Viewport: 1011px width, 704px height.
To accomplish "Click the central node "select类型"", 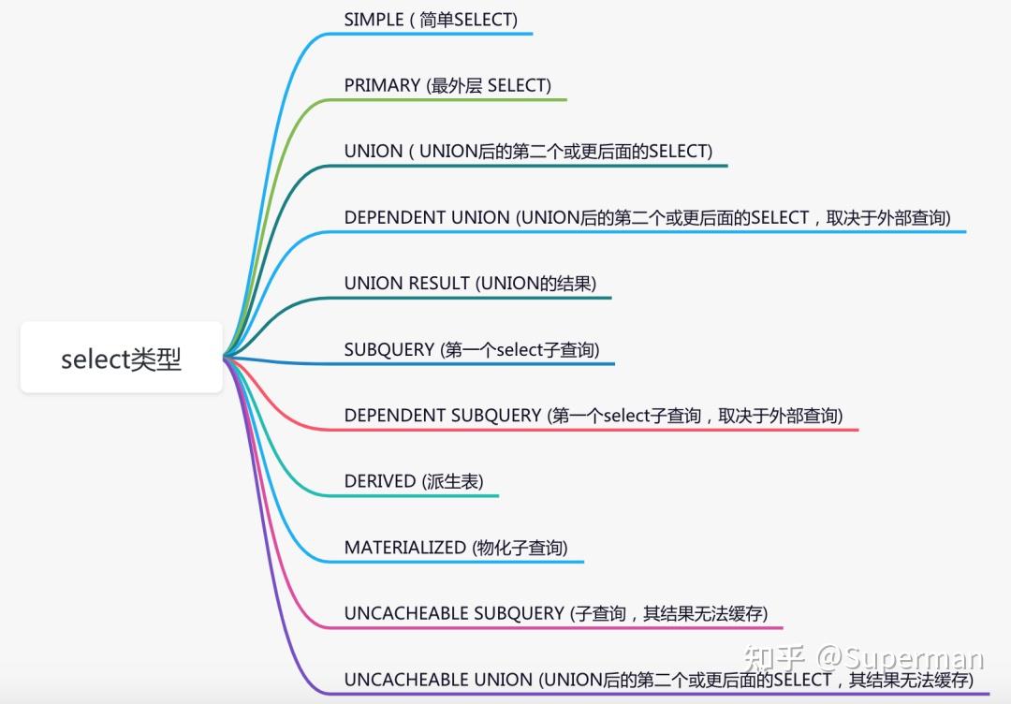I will [122, 359].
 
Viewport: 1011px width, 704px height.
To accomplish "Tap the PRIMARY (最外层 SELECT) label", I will [447, 85].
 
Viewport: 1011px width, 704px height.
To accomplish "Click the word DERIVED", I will [380, 481].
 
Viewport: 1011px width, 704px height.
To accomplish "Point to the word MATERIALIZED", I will [404, 548].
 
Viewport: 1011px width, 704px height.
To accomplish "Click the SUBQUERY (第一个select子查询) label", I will [472, 350].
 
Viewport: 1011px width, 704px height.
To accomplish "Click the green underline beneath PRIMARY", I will [449, 99].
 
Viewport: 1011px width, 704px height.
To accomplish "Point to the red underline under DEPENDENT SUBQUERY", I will [599, 430].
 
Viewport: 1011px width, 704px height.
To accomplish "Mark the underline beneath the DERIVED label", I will [421, 495].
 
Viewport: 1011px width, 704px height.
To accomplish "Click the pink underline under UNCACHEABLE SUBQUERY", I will [562, 627].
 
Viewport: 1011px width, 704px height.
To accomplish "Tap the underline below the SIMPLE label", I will [431, 34].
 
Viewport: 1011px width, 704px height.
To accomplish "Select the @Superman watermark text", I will [901, 661].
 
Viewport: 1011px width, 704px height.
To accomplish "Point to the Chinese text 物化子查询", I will [520, 548].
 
